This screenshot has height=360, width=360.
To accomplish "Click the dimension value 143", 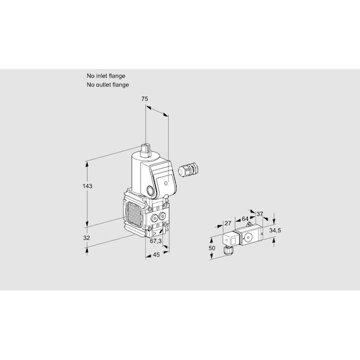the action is [x=87, y=186].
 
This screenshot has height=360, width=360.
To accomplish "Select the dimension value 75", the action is [x=145, y=99].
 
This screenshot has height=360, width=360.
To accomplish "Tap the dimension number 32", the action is [x=86, y=238].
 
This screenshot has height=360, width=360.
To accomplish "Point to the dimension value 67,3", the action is [x=155, y=241].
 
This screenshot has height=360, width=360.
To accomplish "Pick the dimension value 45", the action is [x=156, y=254].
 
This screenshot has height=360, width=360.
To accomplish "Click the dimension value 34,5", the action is [x=275, y=230].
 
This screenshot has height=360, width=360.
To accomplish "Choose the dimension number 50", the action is [x=212, y=248].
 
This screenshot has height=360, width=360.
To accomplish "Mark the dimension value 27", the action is [x=227, y=223].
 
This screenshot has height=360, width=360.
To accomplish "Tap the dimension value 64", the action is [x=245, y=218].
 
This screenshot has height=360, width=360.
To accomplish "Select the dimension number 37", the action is [x=259, y=214].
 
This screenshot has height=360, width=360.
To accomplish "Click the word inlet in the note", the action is [x=101, y=76].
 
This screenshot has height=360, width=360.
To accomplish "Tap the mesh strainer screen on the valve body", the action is [x=133, y=213].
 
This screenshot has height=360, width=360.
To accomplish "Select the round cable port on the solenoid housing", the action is [x=151, y=190].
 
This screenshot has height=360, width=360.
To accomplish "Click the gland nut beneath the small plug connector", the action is [x=228, y=250].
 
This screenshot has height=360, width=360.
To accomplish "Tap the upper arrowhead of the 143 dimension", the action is [x=87, y=164].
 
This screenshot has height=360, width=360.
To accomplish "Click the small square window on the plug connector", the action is [x=233, y=241].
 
